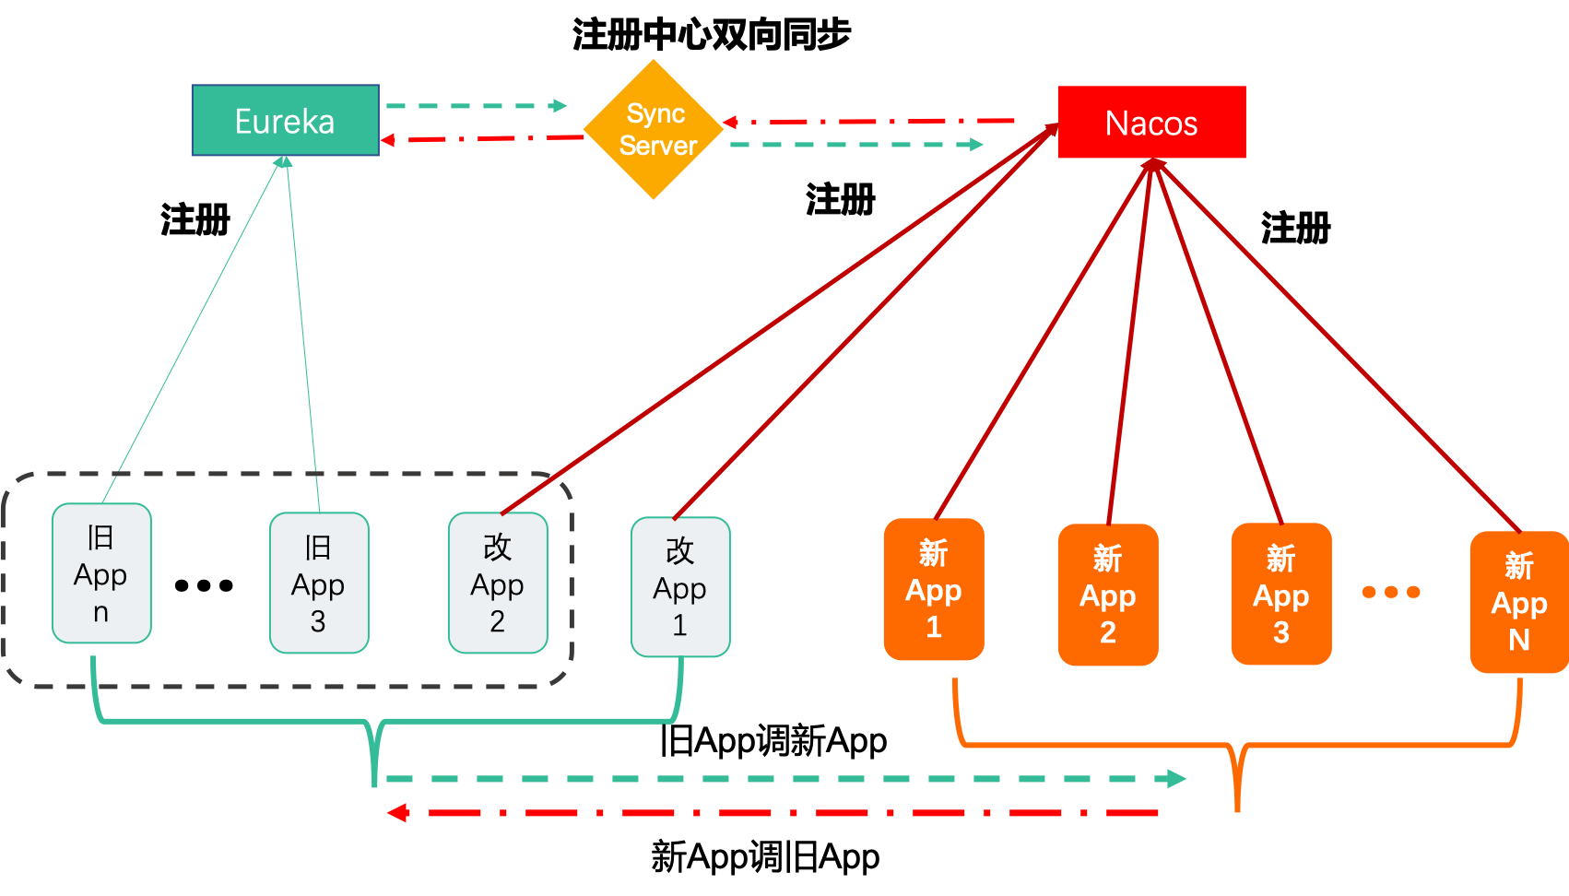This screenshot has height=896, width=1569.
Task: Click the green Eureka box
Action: point(285,121)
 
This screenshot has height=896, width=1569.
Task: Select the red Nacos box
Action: point(1151,123)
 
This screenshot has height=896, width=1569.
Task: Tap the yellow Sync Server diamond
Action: point(654,130)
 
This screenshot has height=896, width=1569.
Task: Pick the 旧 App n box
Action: point(101,573)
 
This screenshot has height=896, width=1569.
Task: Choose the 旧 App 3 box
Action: point(319,583)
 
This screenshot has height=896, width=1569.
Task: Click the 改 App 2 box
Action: point(498,583)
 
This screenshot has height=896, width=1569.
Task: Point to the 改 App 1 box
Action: point(680,587)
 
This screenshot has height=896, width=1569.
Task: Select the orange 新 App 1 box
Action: point(934,590)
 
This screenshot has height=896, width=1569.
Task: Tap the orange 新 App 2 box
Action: point(1108,595)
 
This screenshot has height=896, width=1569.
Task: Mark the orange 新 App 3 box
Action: point(1281,594)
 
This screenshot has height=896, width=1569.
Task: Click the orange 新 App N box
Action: point(1519,602)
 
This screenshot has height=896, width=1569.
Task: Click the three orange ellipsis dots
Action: point(1391,592)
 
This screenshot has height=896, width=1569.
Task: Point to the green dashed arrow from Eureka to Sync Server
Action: point(475,106)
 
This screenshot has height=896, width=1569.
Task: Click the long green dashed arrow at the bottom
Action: point(784,779)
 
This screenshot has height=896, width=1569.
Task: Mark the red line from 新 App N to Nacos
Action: point(1337,346)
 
